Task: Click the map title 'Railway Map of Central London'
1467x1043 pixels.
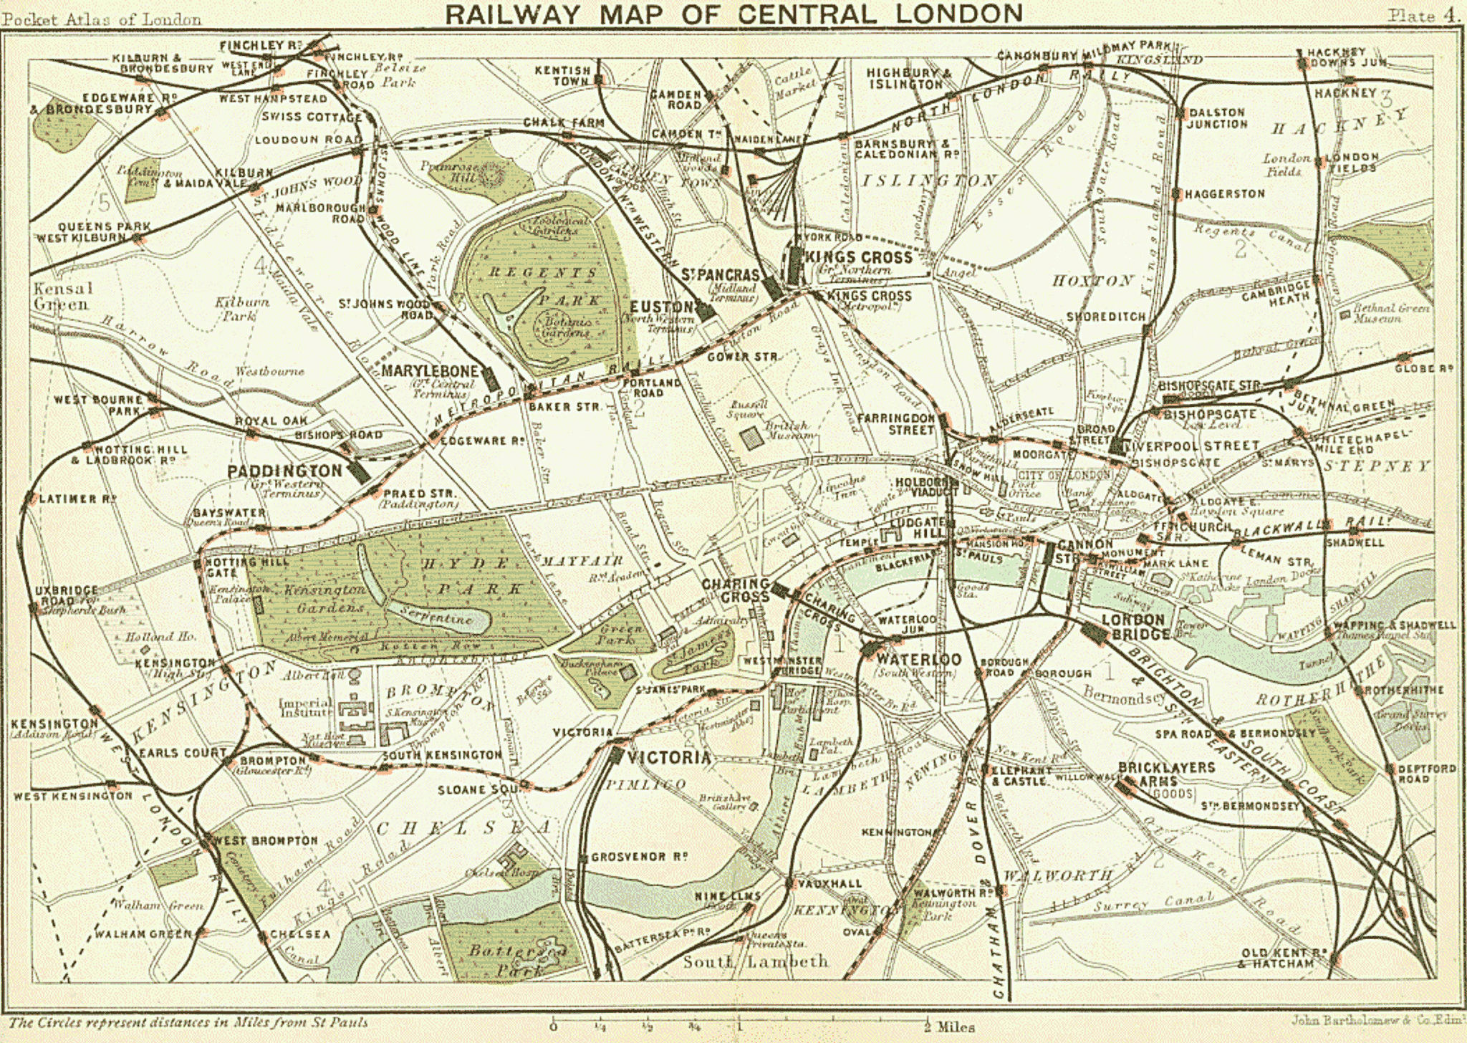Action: [x=733, y=14]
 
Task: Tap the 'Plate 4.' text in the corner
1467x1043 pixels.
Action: [x=1423, y=16]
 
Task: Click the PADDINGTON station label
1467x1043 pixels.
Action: [x=284, y=471]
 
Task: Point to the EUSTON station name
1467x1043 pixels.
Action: [x=660, y=307]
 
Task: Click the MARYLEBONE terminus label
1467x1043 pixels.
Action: [x=429, y=371]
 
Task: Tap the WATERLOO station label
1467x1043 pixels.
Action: [x=918, y=659]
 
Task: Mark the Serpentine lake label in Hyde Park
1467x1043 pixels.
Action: [x=436, y=614]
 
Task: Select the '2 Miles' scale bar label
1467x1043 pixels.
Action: [x=949, y=1027]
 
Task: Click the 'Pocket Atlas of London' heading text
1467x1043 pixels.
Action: [x=101, y=19]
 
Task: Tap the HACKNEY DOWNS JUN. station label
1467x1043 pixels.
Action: [x=1347, y=57]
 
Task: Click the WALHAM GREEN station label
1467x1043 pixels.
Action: [x=143, y=934]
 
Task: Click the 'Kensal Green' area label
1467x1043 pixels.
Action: [x=62, y=297]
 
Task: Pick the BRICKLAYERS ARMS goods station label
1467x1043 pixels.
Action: [x=1166, y=774]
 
